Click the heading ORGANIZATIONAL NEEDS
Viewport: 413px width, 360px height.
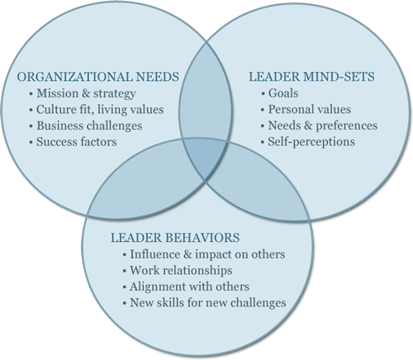[98, 77]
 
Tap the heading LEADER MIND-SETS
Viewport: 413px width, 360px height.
[311, 77]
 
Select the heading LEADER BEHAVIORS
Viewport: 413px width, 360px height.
[175, 238]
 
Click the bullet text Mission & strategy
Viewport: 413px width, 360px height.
[86, 93]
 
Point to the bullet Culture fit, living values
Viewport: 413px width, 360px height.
[100, 110]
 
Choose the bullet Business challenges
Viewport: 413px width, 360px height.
[89, 126]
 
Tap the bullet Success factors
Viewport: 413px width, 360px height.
[77, 142]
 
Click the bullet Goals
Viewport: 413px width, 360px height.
[283, 93]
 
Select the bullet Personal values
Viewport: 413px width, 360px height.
[310, 109]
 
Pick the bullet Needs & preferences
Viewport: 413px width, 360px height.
[323, 126]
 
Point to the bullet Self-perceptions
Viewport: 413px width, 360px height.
[311, 142]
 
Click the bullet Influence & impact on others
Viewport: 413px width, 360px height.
[207, 254]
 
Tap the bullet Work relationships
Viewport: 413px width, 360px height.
[181, 270]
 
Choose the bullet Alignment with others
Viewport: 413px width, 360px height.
[189, 287]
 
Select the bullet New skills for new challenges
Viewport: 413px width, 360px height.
[208, 302]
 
